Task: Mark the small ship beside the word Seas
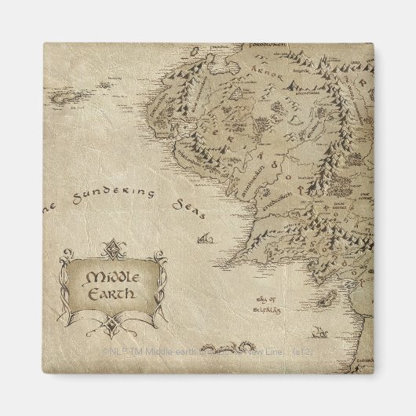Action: pyautogui.click(x=205, y=235)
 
